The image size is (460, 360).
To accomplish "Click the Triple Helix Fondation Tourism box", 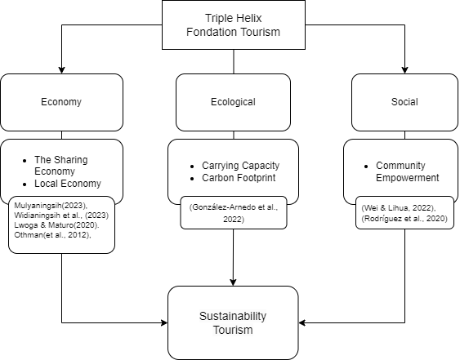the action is (234, 24).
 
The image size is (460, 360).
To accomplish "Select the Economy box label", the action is (61, 102).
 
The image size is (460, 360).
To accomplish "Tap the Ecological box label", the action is (233, 102).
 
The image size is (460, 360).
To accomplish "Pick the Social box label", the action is (404, 102).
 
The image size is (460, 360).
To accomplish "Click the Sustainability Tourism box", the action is (233, 322).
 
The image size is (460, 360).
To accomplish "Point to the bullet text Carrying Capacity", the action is (240, 166).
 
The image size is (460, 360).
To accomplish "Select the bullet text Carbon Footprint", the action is (239, 178).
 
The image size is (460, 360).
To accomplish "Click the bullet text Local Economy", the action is (68, 184).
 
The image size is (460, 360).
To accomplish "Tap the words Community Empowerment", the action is (408, 171).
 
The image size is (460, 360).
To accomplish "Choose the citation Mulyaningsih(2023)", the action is (51, 205).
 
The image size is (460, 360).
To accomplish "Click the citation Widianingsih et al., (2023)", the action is (61, 216).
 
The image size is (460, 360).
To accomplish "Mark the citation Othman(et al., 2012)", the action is (52, 235).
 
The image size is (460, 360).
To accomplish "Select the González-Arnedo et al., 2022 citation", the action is (234, 213).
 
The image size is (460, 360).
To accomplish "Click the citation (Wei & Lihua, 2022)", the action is (399, 208).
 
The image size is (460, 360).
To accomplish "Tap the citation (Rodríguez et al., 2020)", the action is (404, 219).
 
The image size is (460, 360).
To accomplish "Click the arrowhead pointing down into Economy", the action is (61, 69).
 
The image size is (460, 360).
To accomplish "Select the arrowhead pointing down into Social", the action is (404, 69).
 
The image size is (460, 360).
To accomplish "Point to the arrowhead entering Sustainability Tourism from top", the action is (233, 282).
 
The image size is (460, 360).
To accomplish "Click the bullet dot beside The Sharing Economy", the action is (25, 161).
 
